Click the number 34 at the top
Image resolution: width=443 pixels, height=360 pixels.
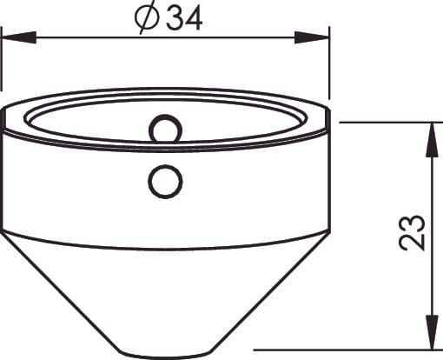pos(184,19)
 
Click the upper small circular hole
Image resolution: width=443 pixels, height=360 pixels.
pos(165,130)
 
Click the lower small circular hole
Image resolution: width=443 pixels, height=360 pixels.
pos(165,182)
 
